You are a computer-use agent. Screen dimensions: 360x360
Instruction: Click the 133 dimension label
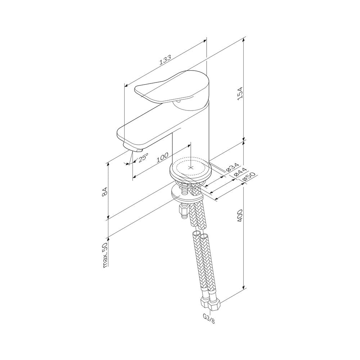coord(165,60)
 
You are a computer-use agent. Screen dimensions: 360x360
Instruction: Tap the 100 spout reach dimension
coord(163,158)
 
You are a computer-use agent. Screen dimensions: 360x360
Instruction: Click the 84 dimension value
coord(104,192)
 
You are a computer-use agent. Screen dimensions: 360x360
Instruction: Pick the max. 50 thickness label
coord(105,255)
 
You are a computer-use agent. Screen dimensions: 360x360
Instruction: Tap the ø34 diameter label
coord(232,167)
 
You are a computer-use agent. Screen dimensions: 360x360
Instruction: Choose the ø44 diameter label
coord(240,172)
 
